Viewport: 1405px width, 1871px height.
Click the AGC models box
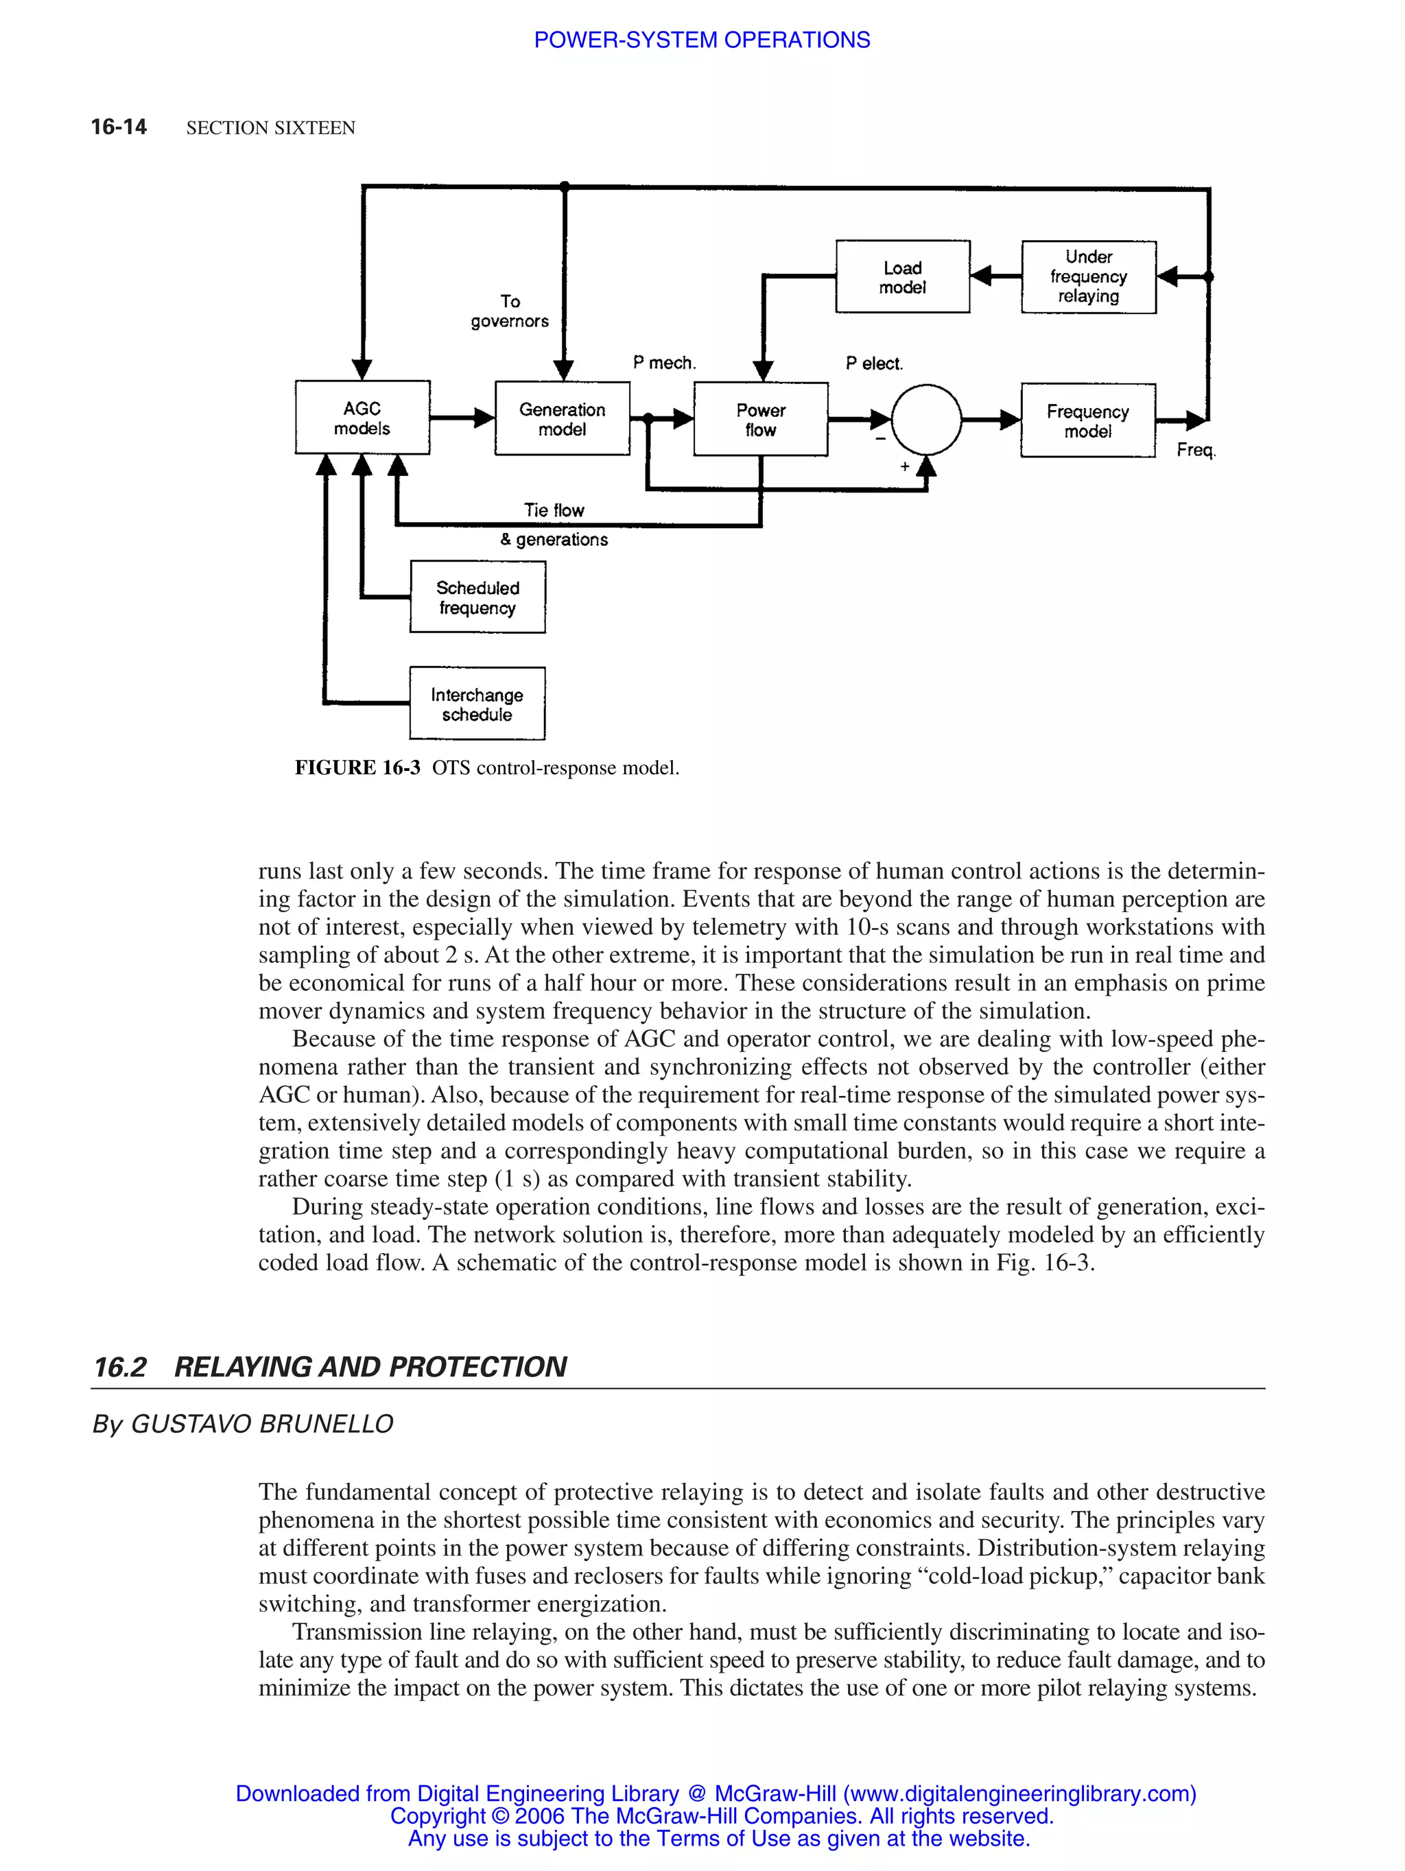click(x=362, y=418)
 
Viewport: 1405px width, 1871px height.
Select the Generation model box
click(x=562, y=418)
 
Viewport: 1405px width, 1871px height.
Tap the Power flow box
click(x=760, y=420)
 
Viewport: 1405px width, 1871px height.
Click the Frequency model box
click(x=1088, y=420)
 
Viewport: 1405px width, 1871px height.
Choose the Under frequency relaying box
click(x=1089, y=276)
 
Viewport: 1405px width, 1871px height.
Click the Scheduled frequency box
click(x=477, y=597)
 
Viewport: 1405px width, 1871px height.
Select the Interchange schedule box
click(x=477, y=704)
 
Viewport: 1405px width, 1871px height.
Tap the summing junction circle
click(x=926, y=420)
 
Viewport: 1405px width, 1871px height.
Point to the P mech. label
click(x=664, y=363)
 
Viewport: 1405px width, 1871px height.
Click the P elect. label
click(x=874, y=364)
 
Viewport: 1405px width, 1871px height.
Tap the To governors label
click(x=509, y=311)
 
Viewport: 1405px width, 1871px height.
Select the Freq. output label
click(x=1195, y=450)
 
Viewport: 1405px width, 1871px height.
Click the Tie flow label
click(x=554, y=510)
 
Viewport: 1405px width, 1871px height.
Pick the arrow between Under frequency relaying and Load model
click(x=995, y=276)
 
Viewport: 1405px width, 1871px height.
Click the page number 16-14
click(x=119, y=127)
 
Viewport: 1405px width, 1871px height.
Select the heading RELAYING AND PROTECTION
click(x=370, y=1367)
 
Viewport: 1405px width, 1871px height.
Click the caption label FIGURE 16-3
click(x=357, y=768)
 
